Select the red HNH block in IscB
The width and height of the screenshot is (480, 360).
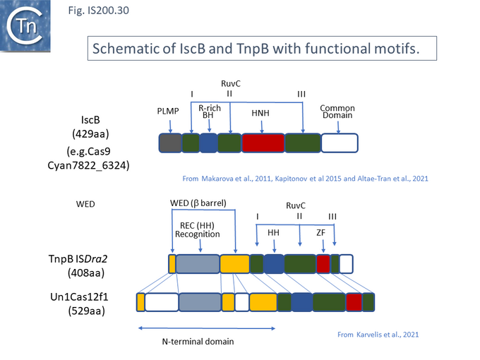[263, 143]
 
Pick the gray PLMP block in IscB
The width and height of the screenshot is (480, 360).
[170, 143]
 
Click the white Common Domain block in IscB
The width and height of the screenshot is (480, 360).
[340, 143]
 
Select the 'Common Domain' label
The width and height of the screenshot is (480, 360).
[337, 112]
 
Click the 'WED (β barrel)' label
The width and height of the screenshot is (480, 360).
[198, 204]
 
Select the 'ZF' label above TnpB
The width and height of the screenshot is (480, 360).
[320, 231]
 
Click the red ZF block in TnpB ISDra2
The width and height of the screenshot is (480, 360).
[323, 264]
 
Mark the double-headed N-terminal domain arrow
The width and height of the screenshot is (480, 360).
[207, 328]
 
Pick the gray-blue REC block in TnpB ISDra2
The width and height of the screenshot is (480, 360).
[198, 264]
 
